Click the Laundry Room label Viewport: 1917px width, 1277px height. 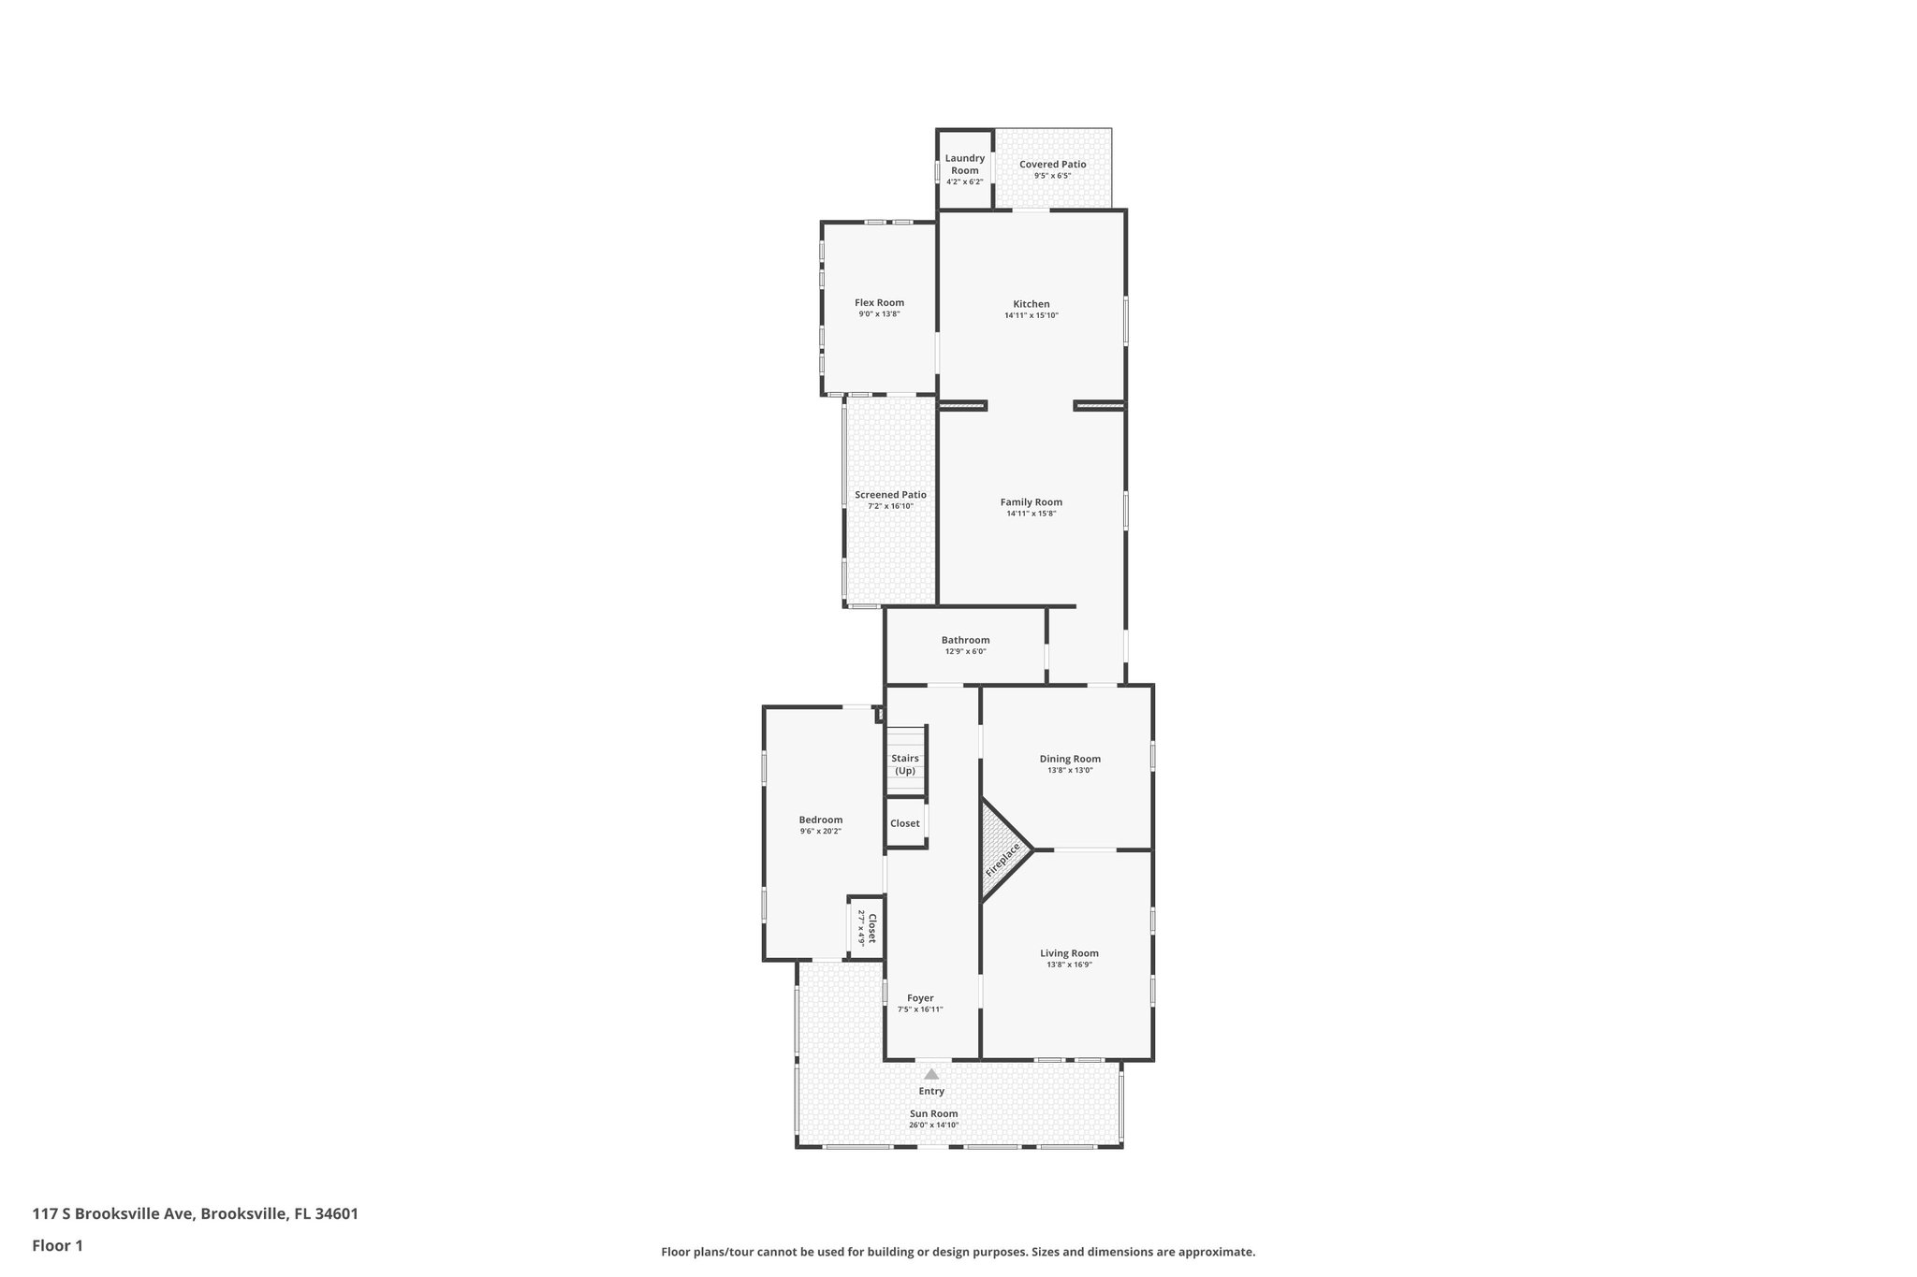click(x=964, y=164)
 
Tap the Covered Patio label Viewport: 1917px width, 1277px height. click(x=1052, y=165)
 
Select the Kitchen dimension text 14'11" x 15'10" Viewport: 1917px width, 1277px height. click(x=1031, y=315)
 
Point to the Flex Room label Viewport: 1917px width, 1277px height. click(x=879, y=302)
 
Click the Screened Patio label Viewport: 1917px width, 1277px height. click(x=890, y=495)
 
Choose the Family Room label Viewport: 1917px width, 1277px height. click(x=1031, y=502)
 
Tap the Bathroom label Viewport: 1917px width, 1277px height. click(x=965, y=640)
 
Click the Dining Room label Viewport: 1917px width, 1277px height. click(x=1070, y=759)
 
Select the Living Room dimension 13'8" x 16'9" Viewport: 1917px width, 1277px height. click(x=1069, y=965)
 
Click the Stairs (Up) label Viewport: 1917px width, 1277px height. click(x=905, y=764)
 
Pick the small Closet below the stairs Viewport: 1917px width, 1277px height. click(x=905, y=823)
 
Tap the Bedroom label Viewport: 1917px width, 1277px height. click(x=820, y=820)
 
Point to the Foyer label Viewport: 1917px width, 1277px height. click(x=920, y=998)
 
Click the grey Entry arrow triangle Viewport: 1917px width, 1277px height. click(x=931, y=1074)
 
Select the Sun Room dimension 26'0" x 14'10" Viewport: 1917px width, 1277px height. click(x=933, y=1125)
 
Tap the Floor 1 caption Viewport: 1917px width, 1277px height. click(x=58, y=1245)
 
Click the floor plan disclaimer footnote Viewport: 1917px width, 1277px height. click(x=958, y=1252)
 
